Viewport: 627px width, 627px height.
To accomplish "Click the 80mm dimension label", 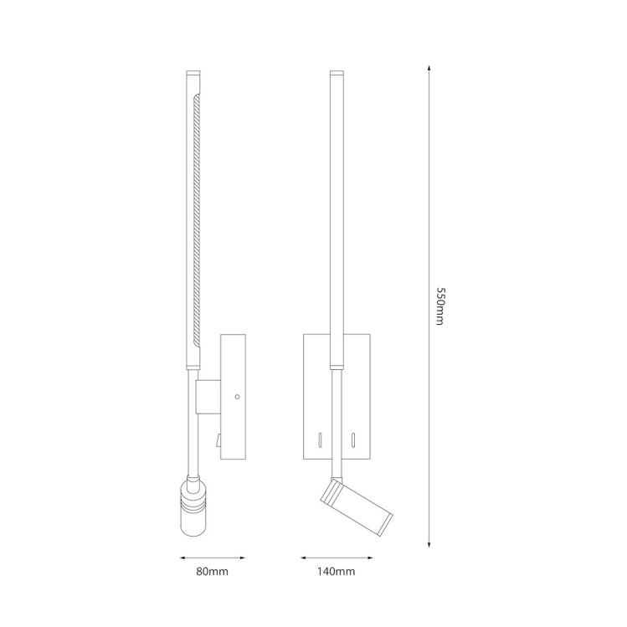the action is pyautogui.click(x=213, y=572).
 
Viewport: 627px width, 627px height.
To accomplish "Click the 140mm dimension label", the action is pyautogui.click(x=337, y=572).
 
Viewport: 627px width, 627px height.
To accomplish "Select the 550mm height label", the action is pyautogui.click(x=439, y=306).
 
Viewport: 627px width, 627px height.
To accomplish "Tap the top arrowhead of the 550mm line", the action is pyautogui.click(x=429, y=68).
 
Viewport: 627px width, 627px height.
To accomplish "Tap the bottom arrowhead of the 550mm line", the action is pyautogui.click(x=429, y=544).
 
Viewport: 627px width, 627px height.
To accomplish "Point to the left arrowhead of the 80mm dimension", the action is pyautogui.click(x=182, y=558).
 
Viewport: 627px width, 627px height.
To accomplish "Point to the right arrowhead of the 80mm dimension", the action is pyautogui.click(x=242, y=558).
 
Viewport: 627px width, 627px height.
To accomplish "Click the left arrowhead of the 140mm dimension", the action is pyautogui.click(x=304, y=558).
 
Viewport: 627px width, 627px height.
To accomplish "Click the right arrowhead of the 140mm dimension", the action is pyautogui.click(x=369, y=558).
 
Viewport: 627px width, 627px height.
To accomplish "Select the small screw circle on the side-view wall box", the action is pyautogui.click(x=237, y=397).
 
